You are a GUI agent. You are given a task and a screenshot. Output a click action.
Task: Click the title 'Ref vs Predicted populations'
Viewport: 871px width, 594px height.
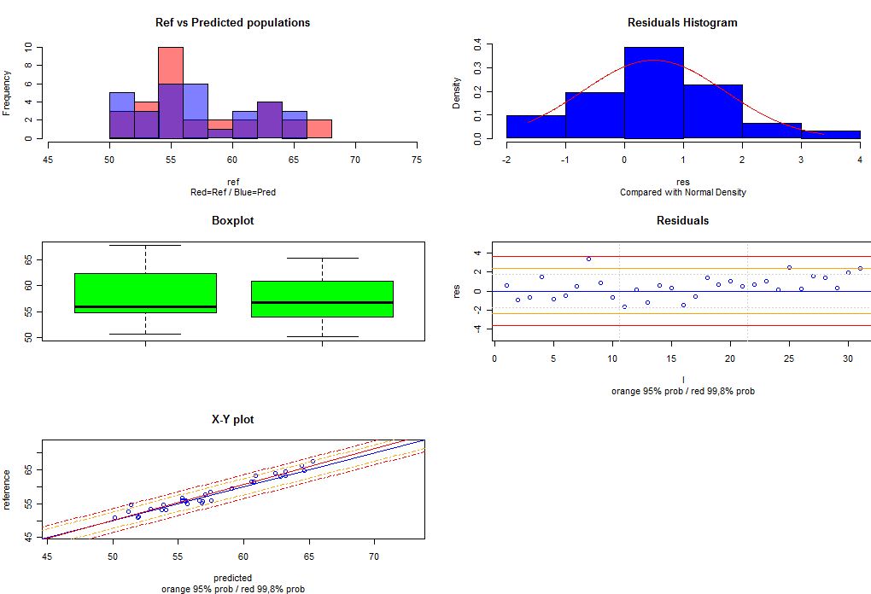(232, 22)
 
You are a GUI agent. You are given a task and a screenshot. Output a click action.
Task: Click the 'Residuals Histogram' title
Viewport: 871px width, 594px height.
(682, 22)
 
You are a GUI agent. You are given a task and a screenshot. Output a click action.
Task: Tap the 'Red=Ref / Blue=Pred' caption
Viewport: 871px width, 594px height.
(232, 192)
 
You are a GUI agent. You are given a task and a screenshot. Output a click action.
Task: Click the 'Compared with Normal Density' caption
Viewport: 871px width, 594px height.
(682, 192)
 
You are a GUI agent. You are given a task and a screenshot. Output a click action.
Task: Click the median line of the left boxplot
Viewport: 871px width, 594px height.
(145, 306)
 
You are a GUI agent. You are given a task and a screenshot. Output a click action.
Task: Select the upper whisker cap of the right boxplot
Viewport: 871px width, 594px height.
(322, 258)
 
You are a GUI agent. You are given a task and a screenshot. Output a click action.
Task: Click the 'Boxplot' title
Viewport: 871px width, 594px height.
(232, 220)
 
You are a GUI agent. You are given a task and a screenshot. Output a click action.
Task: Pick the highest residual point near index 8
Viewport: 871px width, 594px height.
(588, 259)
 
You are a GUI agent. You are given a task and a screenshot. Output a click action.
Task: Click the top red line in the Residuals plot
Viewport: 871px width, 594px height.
(683, 256)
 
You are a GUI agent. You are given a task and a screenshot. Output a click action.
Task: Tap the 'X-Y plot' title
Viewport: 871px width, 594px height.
(232, 419)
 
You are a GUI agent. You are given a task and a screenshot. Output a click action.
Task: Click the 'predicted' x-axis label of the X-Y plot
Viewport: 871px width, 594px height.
(232, 578)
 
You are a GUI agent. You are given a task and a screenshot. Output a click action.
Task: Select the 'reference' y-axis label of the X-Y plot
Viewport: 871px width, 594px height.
(8, 489)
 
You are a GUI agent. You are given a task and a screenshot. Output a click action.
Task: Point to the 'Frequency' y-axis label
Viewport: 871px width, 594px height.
(8, 93)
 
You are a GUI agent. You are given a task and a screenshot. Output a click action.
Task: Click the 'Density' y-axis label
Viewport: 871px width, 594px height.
(457, 93)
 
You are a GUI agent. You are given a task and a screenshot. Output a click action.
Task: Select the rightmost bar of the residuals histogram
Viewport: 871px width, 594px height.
(831, 134)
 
